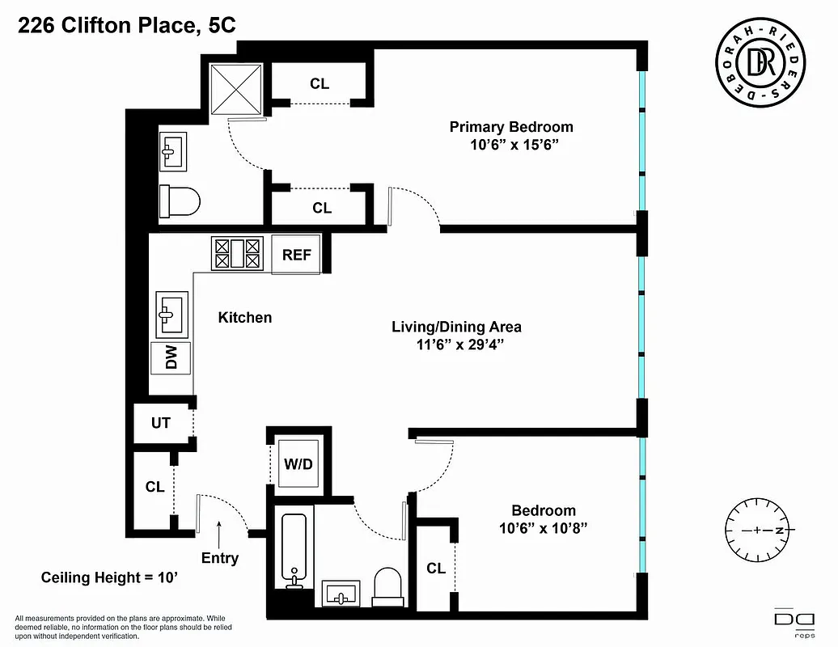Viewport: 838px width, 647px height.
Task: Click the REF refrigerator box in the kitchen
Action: (x=296, y=254)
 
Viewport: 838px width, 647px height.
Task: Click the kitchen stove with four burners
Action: (x=238, y=253)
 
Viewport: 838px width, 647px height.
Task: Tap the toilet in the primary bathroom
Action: (x=178, y=201)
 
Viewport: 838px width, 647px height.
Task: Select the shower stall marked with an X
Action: (x=237, y=89)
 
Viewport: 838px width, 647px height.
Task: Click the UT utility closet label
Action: (x=160, y=422)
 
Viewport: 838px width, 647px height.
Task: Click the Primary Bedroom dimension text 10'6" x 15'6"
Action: (x=510, y=145)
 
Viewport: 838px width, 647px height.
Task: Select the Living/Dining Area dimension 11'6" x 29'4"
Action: (x=456, y=345)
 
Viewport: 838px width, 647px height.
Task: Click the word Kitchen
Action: (x=245, y=318)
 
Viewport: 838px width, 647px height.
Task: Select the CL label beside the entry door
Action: (x=154, y=487)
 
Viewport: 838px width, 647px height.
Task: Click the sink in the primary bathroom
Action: (x=171, y=150)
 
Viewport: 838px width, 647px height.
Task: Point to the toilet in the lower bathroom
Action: (x=388, y=584)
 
